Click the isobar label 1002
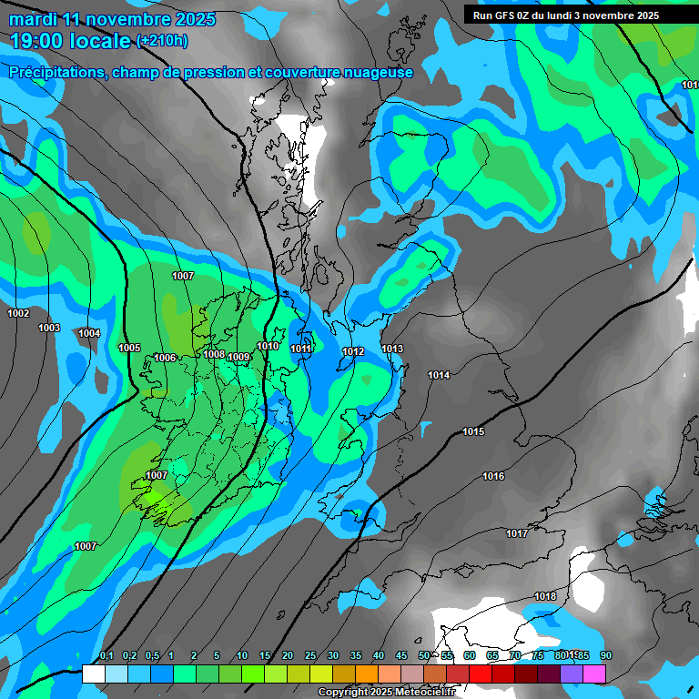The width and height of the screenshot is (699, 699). click(x=18, y=313)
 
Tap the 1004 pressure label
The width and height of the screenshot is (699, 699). click(x=89, y=333)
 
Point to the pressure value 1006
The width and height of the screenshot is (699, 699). click(x=165, y=358)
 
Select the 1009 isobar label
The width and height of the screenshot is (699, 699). click(x=238, y=357)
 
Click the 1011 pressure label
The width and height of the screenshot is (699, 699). click(x=301, y=349)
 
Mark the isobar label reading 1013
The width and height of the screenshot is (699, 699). click(x=392, y=349)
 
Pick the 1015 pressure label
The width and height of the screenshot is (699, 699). click(x=473, y=431)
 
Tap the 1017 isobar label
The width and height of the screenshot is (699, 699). click(x=517, y=533)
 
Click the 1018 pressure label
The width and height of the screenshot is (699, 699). click(x=545, y=596)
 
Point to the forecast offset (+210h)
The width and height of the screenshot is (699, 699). click(x=162, y=41)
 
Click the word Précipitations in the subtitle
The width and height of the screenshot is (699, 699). click(x=54, y=73)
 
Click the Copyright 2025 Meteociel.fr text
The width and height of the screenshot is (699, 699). click(x=386, y=693)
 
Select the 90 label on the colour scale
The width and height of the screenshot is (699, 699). click(x=606, y=656)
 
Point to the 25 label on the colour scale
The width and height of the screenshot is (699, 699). click(x=310, y=656)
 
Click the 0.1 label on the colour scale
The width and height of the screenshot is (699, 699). click(x=106, y=656)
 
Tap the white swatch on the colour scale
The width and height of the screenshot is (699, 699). click(x=93, y=674)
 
